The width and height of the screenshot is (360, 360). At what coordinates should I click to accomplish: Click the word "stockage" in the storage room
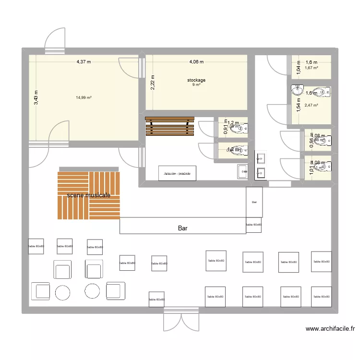tap(196, 80)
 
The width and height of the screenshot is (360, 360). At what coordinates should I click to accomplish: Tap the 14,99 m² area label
tap(84, 97)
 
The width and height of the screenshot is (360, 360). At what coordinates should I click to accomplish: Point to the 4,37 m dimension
tap(84, 61)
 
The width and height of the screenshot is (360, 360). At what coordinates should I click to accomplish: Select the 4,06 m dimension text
tap(196, 61)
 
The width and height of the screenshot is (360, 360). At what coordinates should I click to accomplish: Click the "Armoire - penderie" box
tap(177, 173)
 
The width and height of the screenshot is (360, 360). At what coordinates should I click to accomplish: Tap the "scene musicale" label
tap(89, 195)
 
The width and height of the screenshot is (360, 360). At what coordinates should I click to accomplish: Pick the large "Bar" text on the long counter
tap(182, 228)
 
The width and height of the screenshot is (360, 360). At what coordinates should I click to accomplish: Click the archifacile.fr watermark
tap(330, 329)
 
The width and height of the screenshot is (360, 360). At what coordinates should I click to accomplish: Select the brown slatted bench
tap(170, 127)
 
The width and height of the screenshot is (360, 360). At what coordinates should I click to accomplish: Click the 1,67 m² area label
tap(312, 68)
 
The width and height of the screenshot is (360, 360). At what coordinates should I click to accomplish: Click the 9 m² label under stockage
tap(196, 85)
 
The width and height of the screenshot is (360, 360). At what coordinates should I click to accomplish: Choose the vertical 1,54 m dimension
tap(298, 105)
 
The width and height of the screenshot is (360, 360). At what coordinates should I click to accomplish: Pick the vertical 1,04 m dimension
tap(298, 69)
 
